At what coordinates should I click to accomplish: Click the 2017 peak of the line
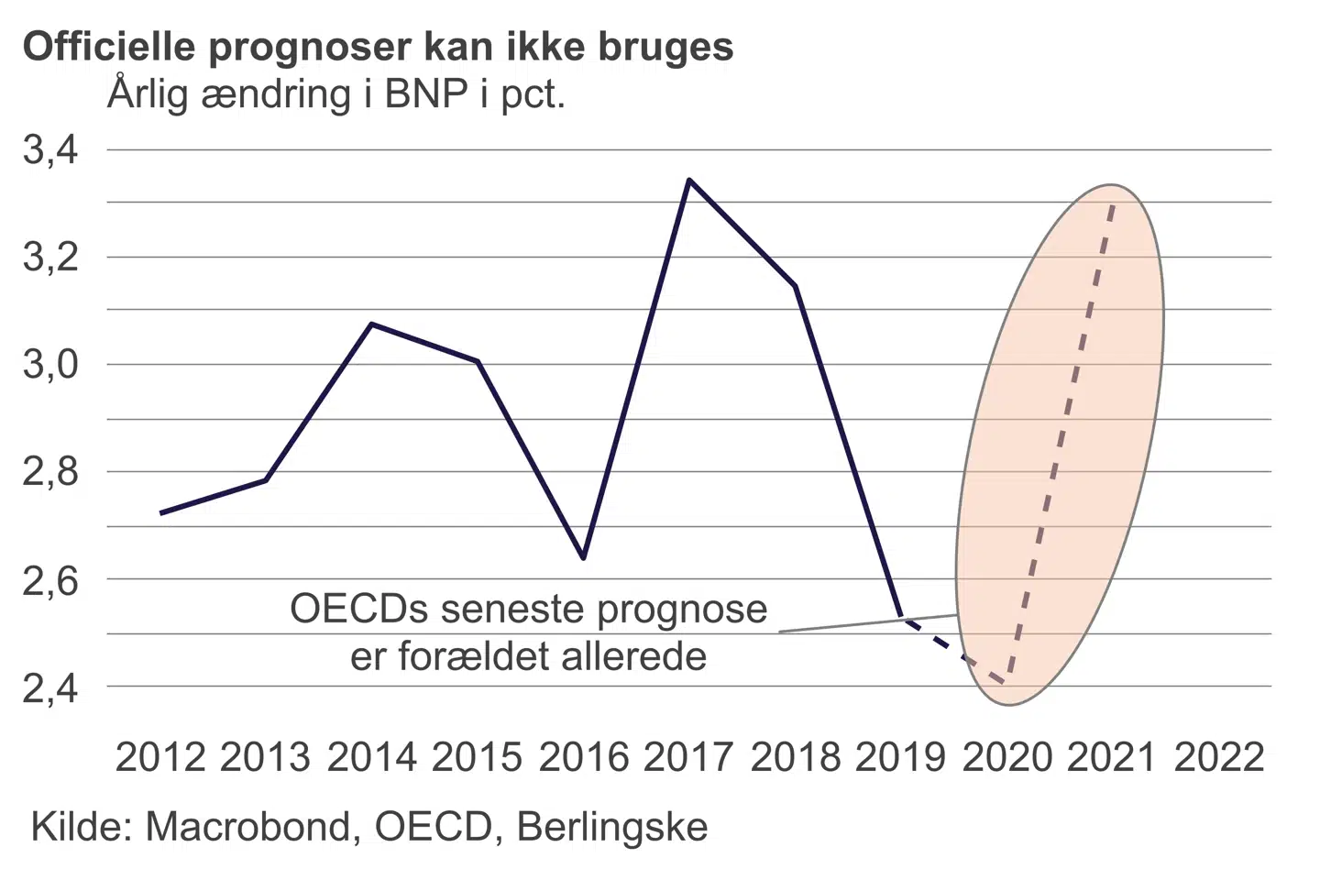coord(689,181)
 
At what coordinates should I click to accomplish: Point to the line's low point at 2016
coord(584,557)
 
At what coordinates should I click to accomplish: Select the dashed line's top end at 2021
coord(1113,205)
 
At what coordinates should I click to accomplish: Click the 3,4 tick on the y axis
coord(50,150)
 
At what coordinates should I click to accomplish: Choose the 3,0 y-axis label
coord(50,365)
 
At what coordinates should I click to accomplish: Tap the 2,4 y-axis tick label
coord(50,687)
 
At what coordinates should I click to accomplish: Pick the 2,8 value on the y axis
coord(50,473)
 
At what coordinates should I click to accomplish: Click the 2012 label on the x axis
coord(160,757)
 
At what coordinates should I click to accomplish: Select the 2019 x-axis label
coord(900,757)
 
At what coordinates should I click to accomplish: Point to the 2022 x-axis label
coord(1218,757)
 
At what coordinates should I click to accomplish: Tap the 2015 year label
coord(477,757)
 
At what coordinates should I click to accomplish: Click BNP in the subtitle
coord(427,94)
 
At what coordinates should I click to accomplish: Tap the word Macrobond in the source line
coord(248,827)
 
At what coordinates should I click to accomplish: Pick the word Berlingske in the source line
coord(612,829)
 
